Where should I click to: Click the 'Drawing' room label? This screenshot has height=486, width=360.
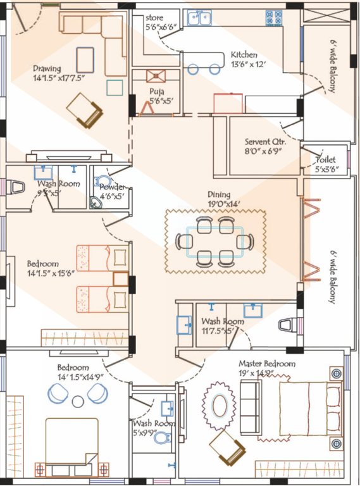coord(47,68)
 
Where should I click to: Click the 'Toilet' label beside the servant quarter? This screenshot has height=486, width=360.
coord(326,160)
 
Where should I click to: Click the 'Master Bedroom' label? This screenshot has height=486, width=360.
coord(266,364)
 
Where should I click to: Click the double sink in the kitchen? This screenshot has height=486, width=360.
coord(199,18)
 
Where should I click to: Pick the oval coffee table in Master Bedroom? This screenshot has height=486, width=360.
coord(220,406)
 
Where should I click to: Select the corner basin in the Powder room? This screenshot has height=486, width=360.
coord(96,202)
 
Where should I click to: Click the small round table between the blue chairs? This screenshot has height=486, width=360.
coord(78,401)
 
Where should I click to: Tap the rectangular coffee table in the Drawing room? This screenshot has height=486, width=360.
coord(85,59)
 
